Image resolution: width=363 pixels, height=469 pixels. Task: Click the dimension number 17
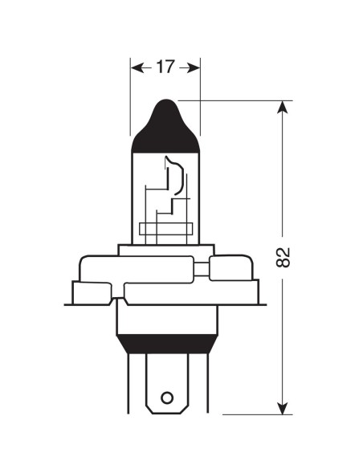pyautogui.click(x=165, y=67)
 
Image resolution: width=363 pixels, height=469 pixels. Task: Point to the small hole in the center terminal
pyautogui.click(x=166, y=398)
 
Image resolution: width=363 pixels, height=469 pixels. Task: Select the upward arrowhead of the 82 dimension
pyautogui.click(x=283, y=108)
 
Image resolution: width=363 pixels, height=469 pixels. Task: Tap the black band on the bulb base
pyautogui.click(x=165, y=343)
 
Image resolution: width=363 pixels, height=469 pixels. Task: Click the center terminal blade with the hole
pyautogui.click(x=166, y=385)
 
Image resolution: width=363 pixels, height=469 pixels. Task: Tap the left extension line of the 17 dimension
pyautogui.click(x=130, y=96)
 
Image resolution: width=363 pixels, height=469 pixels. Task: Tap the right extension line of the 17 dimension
pyautogui.click(x=199, y=96)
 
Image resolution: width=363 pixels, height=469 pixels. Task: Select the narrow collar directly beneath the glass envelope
pyautogui.click(x=165, y=249)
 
